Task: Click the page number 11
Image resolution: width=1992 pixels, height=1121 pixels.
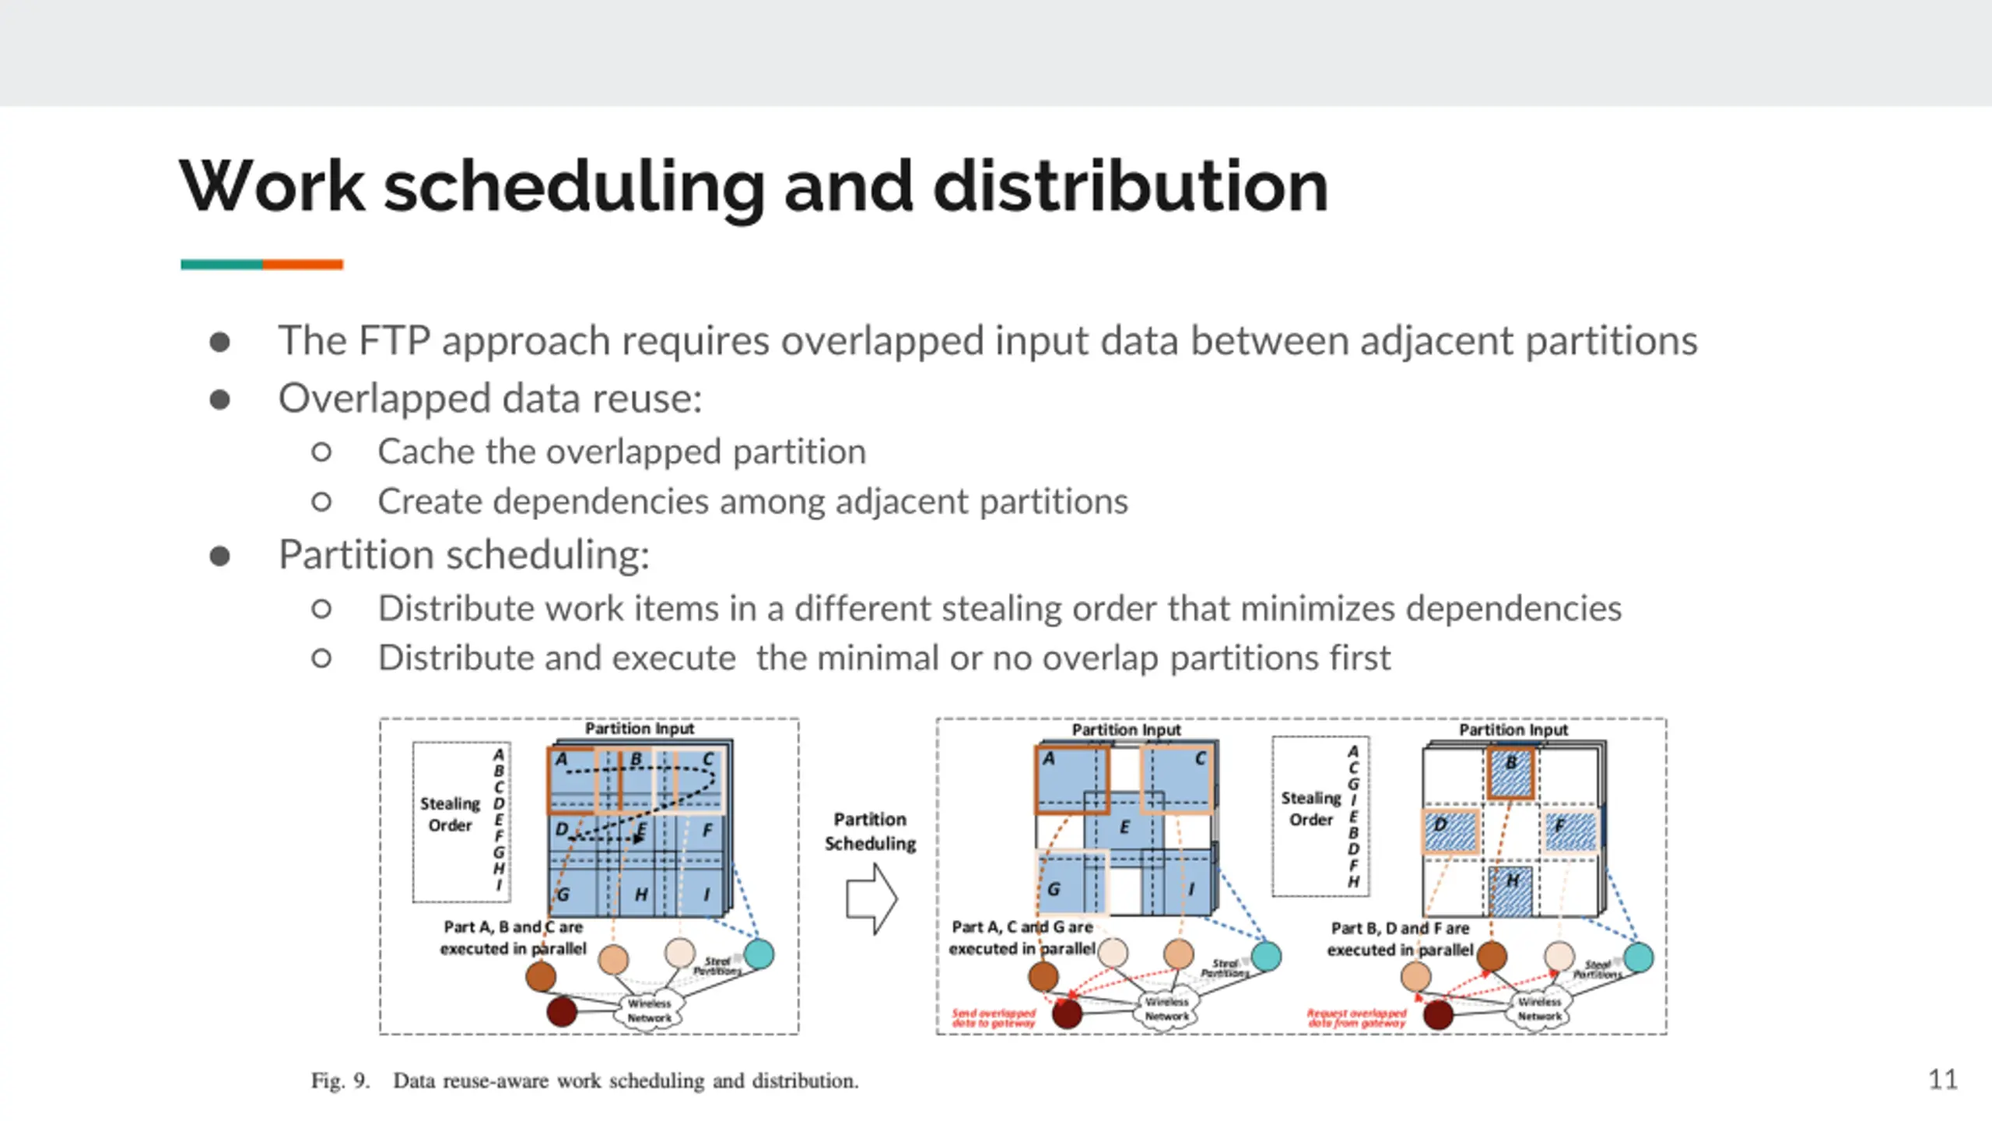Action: coord(1942,1079)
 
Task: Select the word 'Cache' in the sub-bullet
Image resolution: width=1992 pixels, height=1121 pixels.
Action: coord(426,452)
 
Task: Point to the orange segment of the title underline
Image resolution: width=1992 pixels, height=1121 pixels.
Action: coord(303,265)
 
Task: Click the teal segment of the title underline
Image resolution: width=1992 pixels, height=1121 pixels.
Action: coord(222,265)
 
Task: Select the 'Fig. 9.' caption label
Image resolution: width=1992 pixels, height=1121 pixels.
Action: coord(340,1081)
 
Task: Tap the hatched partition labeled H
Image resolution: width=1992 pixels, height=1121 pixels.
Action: coord(1511,891)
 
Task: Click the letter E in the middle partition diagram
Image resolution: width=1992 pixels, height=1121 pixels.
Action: coord(1124,827)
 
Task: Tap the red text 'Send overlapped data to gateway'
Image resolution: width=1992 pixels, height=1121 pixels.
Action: coord(994,1017)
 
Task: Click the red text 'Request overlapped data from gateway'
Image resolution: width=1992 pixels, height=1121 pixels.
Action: coord(1356,1017)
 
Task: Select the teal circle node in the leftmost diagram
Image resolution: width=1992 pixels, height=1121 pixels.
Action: coord(759,954)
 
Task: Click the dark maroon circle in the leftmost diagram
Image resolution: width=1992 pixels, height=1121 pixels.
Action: coord(562,1011)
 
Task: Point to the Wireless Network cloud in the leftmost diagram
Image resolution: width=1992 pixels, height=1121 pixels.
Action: coord(649,1010)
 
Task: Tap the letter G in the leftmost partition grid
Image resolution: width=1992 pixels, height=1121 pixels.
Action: coord(563,894)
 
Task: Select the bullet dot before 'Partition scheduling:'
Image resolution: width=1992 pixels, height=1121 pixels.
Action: coord(220,556)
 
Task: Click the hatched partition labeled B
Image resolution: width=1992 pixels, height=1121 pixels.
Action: coord(1510,772)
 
